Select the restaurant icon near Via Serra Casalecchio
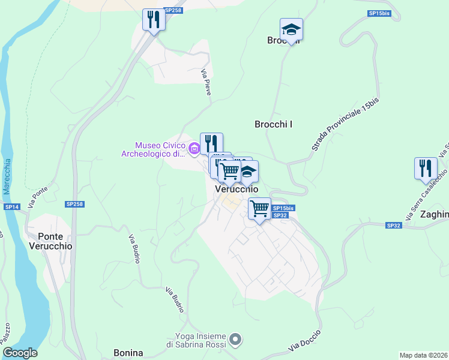(x=426, y=168)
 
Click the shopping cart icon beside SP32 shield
(x=259, y=209)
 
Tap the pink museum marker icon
(x=194, y=149)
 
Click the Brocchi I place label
(x=274, y=124)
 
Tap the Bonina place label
(x=128, y=353)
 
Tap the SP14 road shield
(x=12, y=206)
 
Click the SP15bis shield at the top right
(x=379, y=13)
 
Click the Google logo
(x=20, y=353)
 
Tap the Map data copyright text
(x=423, y=355)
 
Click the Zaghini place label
(x=434, y=214)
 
